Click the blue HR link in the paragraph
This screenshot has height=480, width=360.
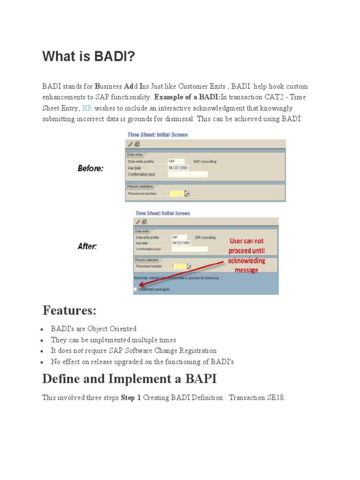[x=87, y=108]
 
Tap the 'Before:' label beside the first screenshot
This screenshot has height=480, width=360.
[x=90, y=168]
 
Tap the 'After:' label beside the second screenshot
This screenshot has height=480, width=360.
[x=87, y=246]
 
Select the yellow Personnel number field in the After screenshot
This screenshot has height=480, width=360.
[x=180, y=266]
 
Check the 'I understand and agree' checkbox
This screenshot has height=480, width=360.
[x=135, y=290]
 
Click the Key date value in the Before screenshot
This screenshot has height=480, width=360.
[x=179, y=167]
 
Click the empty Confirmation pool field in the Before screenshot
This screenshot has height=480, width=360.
[x=187, y=174]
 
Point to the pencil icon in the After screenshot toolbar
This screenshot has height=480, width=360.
[x=138, y=222]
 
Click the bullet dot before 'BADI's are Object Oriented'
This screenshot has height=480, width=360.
[x=43, y=329]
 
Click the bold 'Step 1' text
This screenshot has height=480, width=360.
[x=131, y=398]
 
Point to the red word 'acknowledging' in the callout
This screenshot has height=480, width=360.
[x=247, y=261]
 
